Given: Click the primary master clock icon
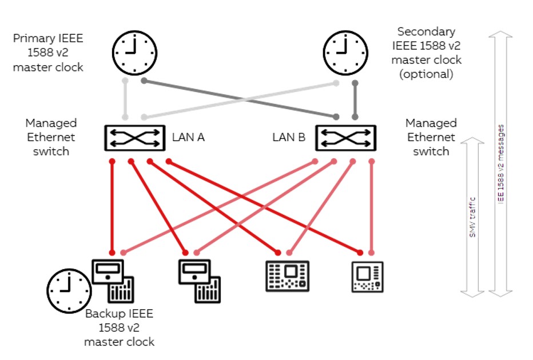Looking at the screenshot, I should [134, 51].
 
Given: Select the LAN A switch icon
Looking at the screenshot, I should [134, 138].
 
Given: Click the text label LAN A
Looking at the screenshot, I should [188, 137].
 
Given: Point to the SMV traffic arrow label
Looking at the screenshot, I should [473, 217].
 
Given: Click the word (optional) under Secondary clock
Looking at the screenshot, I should [426, 74].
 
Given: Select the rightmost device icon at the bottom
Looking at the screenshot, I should [367, 277].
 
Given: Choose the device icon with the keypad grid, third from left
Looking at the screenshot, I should [288, 277].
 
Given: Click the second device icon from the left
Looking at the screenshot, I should [198, 280].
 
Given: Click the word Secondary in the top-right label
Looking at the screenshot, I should [426, 31].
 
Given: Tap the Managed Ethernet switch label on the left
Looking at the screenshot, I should [51, 137].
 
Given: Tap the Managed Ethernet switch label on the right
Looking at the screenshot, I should [431, 137].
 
